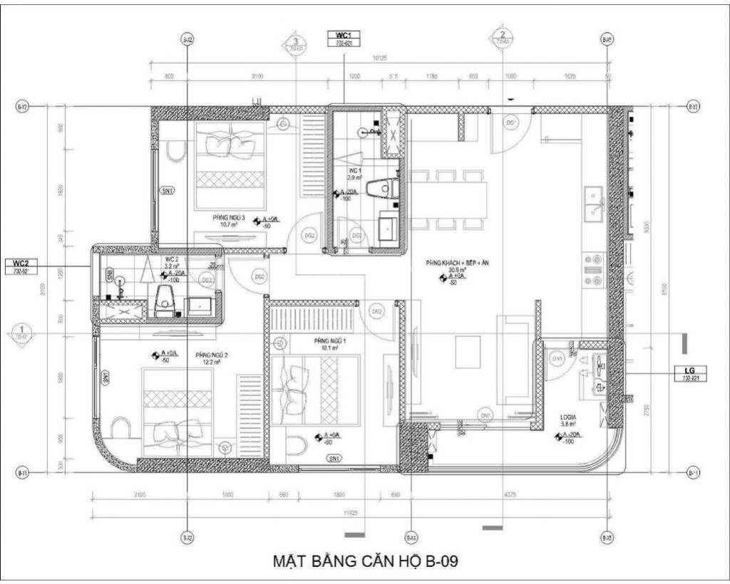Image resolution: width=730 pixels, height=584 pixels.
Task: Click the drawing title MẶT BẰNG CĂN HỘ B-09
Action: pyautogui.click(x=365, y=560)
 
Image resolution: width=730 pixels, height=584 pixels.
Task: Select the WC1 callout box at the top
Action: pyautogui.click(x=344, y=38)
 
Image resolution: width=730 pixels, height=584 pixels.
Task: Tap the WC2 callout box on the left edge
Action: pyautogui.click(x=19, y=267)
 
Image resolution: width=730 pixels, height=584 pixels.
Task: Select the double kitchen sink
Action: pyautogui.click(x=593, y=202)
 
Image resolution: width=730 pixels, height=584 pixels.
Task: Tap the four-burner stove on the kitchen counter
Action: pyautogui.click(x=593, y=273)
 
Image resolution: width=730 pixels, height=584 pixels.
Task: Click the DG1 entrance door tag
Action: pyautogui.click(x=511, y=124)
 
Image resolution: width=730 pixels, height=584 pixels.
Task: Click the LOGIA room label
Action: pyautogui.click(x=568, y=419)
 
